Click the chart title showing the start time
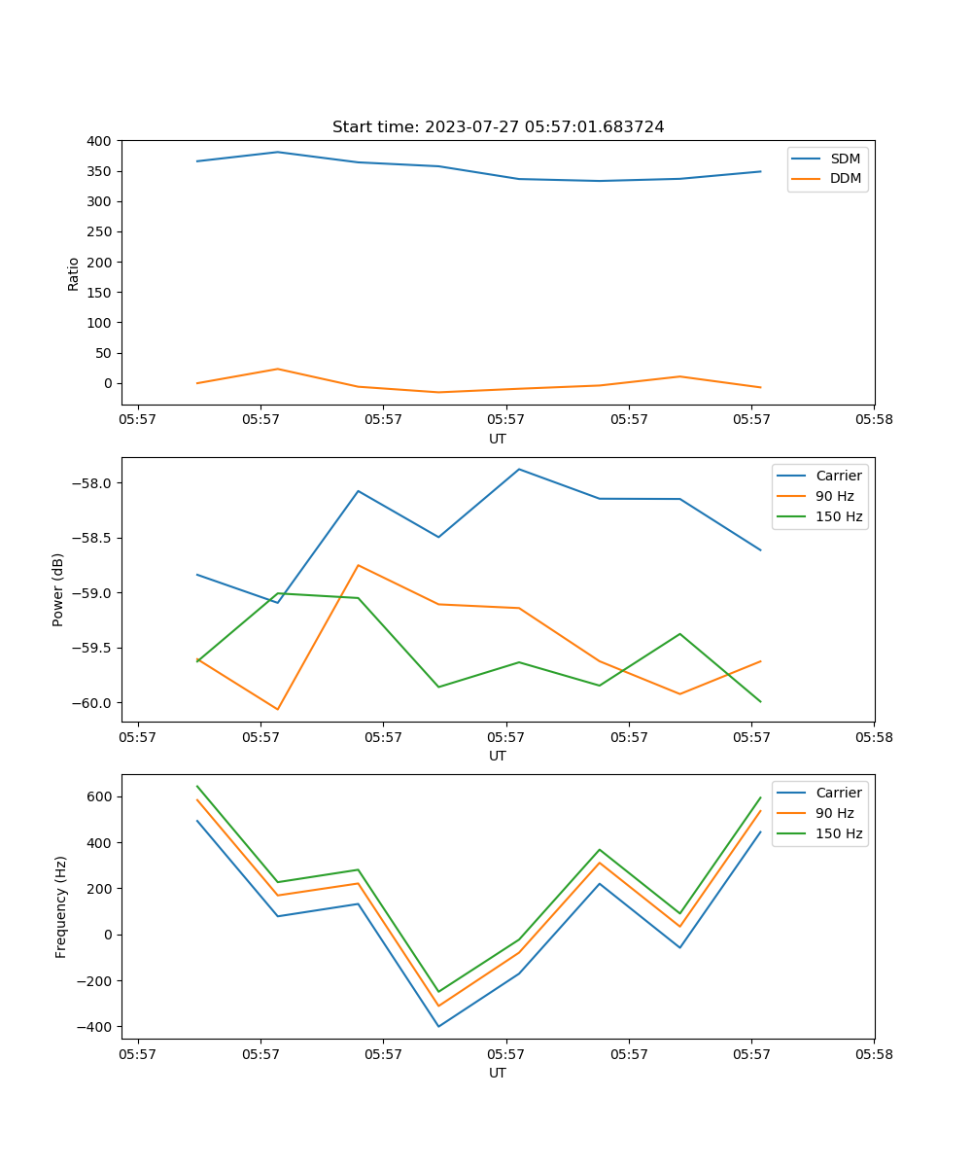(x=498, y=127)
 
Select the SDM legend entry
(x=845, y=159)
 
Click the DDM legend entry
(x=845, y=178)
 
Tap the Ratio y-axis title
(x=74, y=273)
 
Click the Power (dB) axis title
(x=58, y=589)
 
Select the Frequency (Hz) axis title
(x=60, y=906)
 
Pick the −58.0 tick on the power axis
(x=91, y=483)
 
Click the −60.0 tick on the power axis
(x=91, y=703)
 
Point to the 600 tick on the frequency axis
(x=100, y=796)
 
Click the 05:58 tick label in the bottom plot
(x=874, y=1053)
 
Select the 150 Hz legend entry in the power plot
(x=839, y=516)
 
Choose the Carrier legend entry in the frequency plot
(x=838, y=793)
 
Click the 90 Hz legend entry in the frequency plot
(x=835, y=813)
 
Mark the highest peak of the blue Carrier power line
(x=519, y=469)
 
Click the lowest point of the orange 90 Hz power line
(x=277, y=710)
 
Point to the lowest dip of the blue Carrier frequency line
(x=438, y=1027)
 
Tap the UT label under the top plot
(x=498, y=439)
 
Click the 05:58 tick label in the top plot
(x=874, y=419)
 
